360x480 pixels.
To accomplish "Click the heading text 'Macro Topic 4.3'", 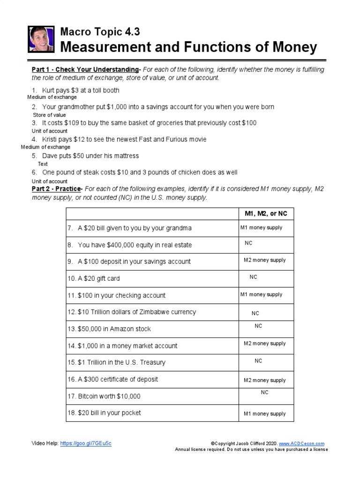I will [100, 32].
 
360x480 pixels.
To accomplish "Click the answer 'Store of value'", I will [49, 115].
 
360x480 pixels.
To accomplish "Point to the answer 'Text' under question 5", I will [43, 164].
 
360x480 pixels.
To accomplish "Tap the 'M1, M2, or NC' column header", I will [266, 214].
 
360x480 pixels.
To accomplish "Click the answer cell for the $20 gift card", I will [254, 277].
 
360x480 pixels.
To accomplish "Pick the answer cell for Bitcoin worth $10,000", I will [265, 393].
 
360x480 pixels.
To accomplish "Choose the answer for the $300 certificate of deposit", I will [264, 380].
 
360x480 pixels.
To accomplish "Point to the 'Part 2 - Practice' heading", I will [57, 189].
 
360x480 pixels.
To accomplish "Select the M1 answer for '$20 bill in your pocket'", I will [264, 414].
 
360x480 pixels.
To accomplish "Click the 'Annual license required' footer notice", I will [251, 449].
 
